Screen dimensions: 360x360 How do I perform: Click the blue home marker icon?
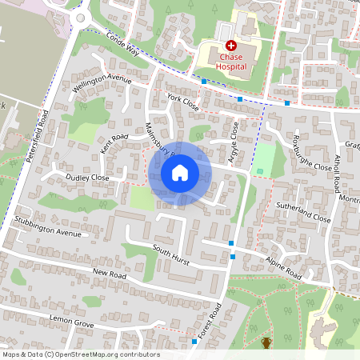click(x=180, y=172)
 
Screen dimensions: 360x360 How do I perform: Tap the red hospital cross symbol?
click(x=231, y=46)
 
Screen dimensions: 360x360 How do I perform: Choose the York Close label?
click(x=183, y=102)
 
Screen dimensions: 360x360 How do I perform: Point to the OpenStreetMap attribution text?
click(x=80, y=354)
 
